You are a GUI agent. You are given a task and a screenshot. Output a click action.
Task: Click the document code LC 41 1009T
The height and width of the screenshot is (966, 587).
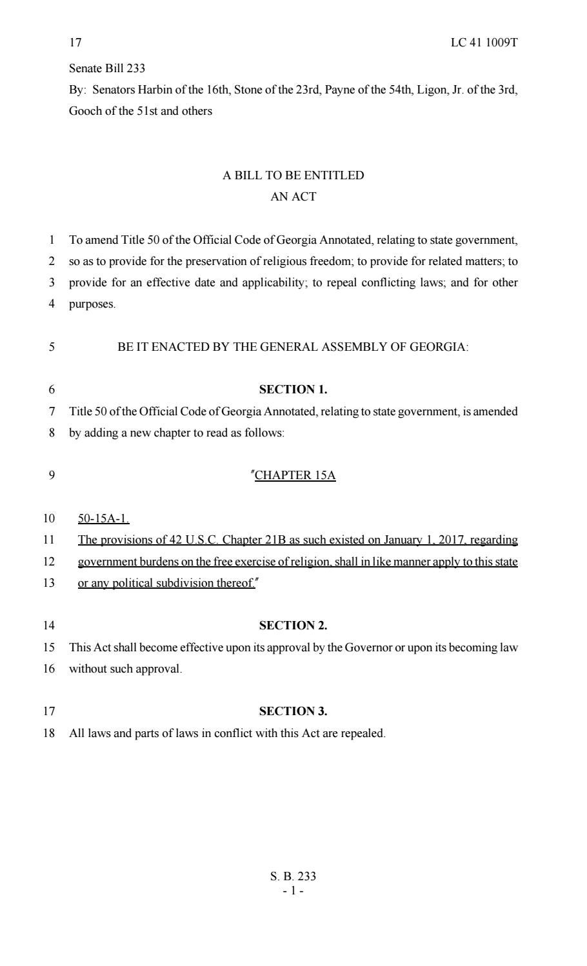tap(484, 43)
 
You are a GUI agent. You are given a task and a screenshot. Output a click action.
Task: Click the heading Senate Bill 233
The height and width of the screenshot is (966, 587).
tap(107, 68)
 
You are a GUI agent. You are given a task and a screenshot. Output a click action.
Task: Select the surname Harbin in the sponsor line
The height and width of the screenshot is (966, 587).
tap(153, 90)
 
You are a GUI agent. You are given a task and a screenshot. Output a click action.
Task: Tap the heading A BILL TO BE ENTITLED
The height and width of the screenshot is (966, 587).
tap(293, 175)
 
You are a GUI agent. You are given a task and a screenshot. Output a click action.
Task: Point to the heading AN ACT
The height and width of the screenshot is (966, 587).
tap(293, 197)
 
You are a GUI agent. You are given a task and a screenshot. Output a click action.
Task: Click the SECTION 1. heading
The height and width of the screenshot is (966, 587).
tap(293, 389)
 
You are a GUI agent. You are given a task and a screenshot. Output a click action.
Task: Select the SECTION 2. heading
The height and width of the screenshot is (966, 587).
tap(293, 626)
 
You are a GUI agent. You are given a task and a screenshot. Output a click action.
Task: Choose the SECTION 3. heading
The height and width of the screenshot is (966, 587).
tap(293, 711)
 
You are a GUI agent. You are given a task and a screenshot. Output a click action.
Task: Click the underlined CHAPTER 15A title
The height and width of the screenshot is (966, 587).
tap(295, 476)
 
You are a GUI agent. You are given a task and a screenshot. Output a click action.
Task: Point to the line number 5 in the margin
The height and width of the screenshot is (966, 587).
tap(52, 347)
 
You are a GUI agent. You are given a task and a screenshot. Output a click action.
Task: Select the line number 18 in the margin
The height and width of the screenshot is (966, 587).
tap(49, 733)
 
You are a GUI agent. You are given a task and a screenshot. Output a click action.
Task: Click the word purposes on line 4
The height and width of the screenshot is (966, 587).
tap(92, 304)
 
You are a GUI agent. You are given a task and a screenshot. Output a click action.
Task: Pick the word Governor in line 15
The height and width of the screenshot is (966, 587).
tap(368, 647)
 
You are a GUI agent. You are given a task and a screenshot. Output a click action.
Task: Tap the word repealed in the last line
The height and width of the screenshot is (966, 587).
tap(363, 733)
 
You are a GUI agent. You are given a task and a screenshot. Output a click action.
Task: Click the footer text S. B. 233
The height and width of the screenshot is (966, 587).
tap(293, 876)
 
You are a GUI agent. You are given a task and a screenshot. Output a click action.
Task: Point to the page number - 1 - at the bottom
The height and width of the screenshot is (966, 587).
tap(293, 891)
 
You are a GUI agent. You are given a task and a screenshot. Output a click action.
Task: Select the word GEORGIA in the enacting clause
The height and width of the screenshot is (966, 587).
tap(439, 347)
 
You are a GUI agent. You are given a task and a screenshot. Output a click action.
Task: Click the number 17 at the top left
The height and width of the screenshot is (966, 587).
tap(75, 43)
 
